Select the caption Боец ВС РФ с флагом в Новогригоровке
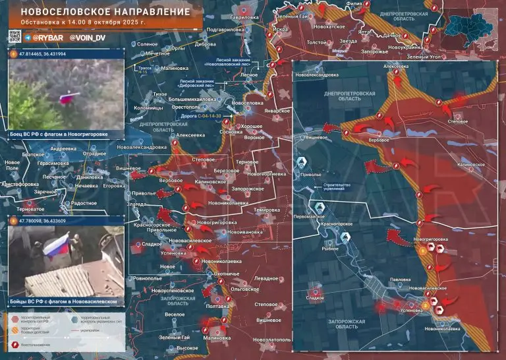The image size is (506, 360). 61,134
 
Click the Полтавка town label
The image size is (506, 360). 217,306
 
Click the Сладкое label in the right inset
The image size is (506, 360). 315,298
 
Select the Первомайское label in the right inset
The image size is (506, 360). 310,216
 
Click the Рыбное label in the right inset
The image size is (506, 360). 330,249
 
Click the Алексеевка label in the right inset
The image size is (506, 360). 396,67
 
